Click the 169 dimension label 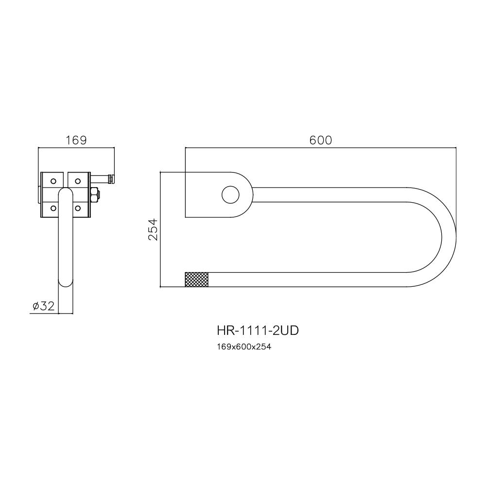[76, 140]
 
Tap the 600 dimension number [321, 140]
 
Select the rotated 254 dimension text [153, 229]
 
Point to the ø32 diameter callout [43, 306]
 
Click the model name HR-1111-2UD [258, 331]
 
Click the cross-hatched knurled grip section [197, 279]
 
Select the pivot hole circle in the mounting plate [230, 194]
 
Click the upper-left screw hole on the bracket [52, 181]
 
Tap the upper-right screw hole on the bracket [77, 181]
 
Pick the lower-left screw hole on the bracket [52, 208]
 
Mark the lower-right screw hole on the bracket [77, 208]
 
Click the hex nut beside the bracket [95, 194]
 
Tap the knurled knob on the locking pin [111, 179]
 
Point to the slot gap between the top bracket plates [65, 179]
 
